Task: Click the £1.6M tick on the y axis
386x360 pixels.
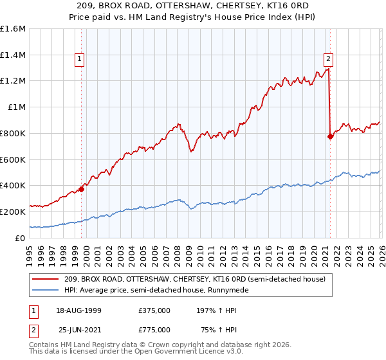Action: point(13,29)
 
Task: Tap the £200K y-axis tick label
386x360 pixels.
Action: point(13,212)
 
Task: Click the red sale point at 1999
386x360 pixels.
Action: point(82,189)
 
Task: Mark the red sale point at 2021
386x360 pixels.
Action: point(330,136)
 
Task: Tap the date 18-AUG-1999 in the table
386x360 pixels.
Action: point(78,310)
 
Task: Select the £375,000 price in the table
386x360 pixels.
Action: point(154,310)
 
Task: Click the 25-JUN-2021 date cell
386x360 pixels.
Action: point(78,329)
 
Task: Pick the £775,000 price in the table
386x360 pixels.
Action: point(154,329)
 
